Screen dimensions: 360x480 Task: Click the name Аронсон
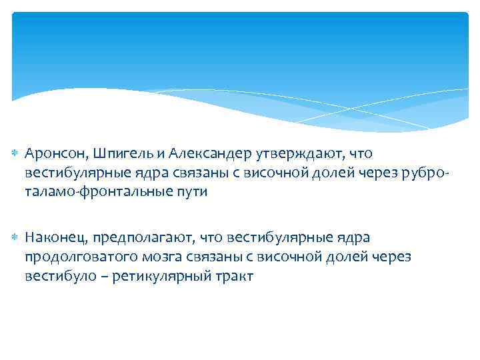(54, 155)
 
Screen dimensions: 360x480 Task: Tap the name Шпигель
(117, 155)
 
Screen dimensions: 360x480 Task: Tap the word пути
(191, 192)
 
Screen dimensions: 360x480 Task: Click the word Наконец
(56, 238)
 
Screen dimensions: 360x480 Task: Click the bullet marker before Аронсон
(15, 155)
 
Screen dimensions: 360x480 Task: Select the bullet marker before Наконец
(15, 238)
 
